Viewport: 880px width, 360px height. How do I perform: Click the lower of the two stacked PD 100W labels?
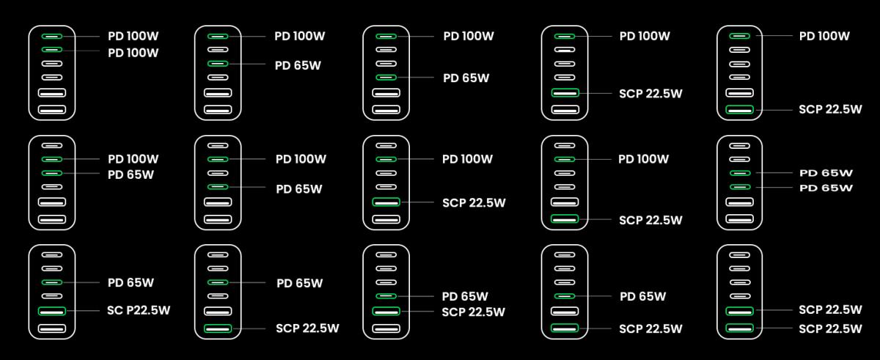(x=133, y=53)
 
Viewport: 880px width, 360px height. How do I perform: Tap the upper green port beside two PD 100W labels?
(x=52, y=36)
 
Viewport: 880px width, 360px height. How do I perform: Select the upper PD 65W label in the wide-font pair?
(x=826, y=173)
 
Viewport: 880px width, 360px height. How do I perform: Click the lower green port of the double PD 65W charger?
(x=740, y=187)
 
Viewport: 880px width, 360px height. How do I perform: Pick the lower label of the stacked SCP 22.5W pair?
(x=830, y=328)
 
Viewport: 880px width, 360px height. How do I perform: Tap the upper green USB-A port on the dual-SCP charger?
(x=740, y=311)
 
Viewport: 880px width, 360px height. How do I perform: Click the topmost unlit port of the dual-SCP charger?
(x=740, y=255)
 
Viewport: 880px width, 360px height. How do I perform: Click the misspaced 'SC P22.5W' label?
(x=139, y=311)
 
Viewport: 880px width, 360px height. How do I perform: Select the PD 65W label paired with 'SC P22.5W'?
(x=131, y=283)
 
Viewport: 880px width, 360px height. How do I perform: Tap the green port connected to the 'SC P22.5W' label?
(x=52, y=311)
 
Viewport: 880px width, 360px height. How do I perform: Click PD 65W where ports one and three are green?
(x=298, y=65)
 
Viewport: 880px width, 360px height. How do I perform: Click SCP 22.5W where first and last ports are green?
(x=830, y=109)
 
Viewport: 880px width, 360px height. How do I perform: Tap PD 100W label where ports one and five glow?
(x=645, y=36)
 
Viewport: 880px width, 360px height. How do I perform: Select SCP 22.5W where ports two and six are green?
(x=650, y=220)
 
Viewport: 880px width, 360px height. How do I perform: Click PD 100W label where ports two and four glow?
(x=301, y=159)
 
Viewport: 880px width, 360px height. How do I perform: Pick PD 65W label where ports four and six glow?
(x=642, y=296)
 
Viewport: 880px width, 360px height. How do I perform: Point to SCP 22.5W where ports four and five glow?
(x=474, y=312)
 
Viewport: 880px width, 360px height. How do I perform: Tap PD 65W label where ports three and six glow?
(x=299, y=284)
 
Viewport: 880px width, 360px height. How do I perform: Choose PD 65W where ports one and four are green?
(x=466, y=78)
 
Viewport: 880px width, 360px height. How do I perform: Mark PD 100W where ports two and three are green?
(x=133, y=159)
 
